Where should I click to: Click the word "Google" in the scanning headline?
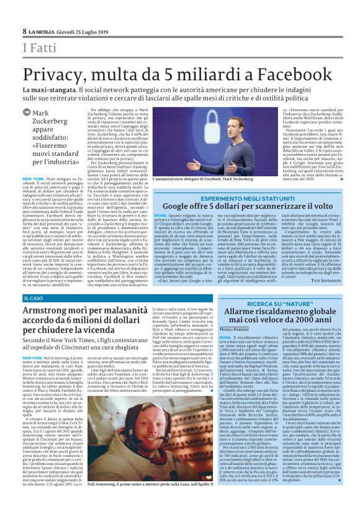[x=181, y=207]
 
